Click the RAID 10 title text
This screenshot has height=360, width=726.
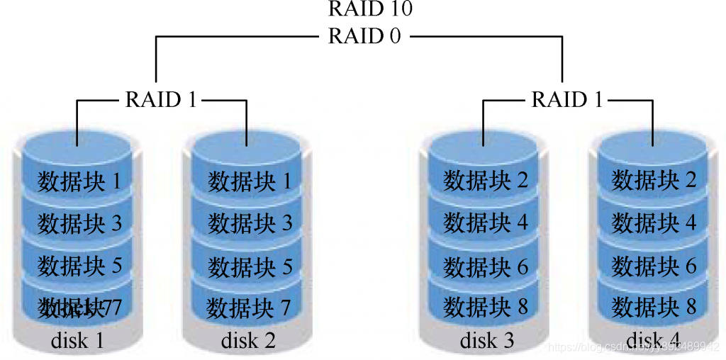click(x=370, y=9)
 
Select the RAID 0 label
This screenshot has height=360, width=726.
click(x=364, y=36)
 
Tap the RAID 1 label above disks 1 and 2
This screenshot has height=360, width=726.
click(x=161, y=99)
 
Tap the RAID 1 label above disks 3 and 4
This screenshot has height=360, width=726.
click(x=567, y=99)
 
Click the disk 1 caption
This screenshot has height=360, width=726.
click(x=77, y=341)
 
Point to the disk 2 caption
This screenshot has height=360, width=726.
click(x=248, y=341)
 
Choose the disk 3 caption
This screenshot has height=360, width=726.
click(x=487, y=341)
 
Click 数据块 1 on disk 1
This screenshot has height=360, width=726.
click(x=79, y=181)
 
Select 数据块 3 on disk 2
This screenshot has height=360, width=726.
click(x=250, y=224)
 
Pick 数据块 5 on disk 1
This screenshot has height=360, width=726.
click(x=79, y=266)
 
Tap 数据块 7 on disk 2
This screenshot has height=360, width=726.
click(x=249, y=308)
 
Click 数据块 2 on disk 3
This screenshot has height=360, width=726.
click(x=486, y=181)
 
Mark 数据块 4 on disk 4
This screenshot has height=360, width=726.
click(x=654, y=224)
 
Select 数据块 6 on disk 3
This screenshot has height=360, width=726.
click(x=486, y=266)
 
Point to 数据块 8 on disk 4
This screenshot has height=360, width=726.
click(x=654, y=307)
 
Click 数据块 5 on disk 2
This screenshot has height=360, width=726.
click(x=250, y=266)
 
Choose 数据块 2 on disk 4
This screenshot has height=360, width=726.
click(x=654, y=181)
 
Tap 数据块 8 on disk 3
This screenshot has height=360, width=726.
click(x=486, y=307)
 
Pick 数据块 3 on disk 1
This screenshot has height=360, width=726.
click(x=79, y=224)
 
